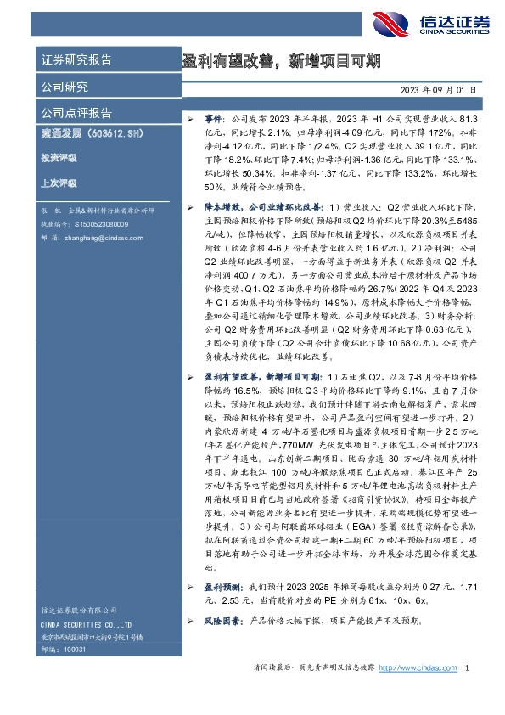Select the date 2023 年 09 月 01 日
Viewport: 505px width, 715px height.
point(439,89)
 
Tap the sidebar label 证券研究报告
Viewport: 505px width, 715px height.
point(76,59)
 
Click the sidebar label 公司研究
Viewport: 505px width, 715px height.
point(65,87)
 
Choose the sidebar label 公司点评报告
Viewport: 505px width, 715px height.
point(76,113)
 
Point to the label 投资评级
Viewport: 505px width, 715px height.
point(59,158)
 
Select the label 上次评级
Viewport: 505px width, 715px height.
point(59,182)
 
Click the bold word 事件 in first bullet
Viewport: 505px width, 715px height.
point(215,121)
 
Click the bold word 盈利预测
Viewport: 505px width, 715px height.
point(223,588)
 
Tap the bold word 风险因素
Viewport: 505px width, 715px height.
point(223,621)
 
